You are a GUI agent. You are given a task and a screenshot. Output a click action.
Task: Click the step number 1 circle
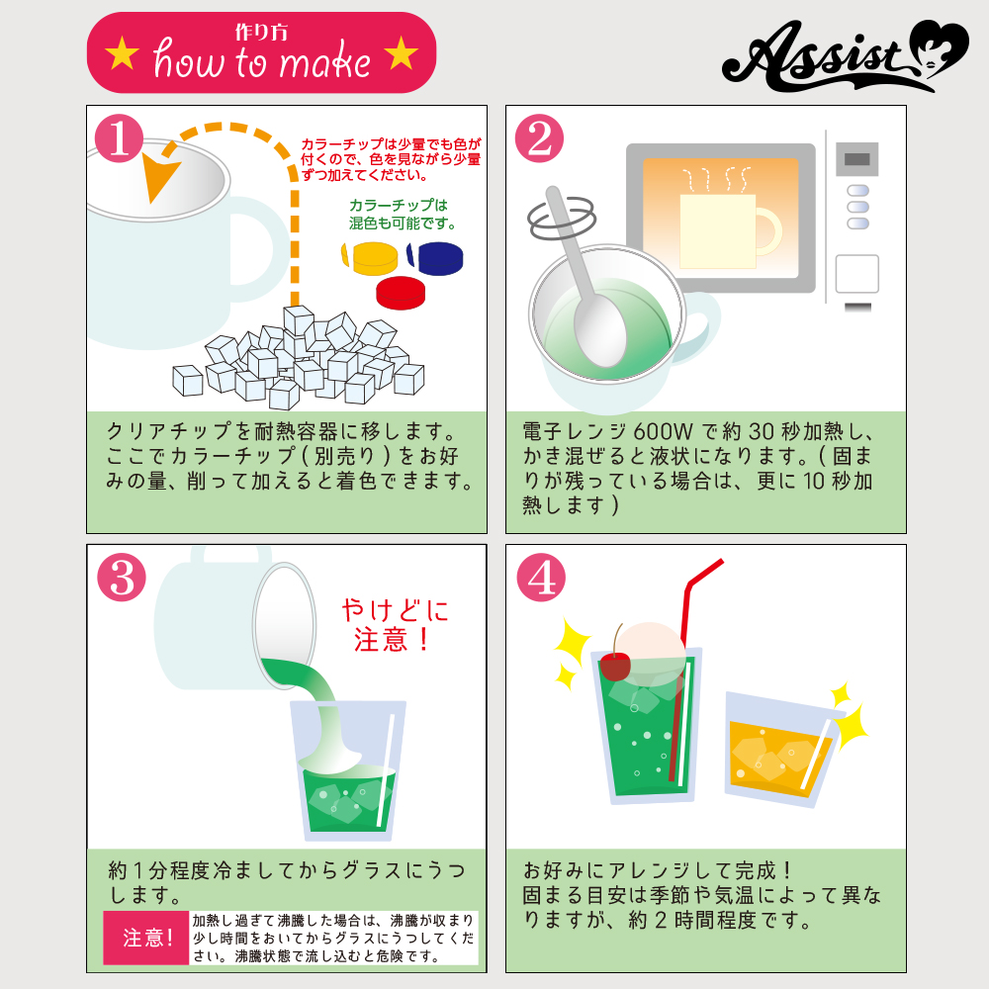pos(120,138)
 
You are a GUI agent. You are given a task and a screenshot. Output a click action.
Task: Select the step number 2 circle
pos(539,138)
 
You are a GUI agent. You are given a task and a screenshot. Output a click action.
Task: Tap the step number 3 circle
pos(122,578)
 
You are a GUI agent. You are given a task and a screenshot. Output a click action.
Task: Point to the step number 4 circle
pos(541,578)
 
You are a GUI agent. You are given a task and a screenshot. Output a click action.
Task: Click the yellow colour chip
pos(370,258)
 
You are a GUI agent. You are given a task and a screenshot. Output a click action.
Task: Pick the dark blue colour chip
pos(435,258)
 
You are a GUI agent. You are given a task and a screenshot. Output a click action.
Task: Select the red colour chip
pos(401,293)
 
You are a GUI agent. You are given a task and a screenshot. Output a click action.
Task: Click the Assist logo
pos(846,55)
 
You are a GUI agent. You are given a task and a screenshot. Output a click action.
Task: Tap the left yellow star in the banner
pos(123,53)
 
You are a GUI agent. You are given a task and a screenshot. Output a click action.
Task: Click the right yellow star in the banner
pos(402,53)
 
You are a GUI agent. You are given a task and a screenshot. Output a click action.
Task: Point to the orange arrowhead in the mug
pos(159,175)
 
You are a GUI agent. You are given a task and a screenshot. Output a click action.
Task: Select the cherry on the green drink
pos(615,666)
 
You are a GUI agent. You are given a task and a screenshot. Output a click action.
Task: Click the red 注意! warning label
pos(146,938)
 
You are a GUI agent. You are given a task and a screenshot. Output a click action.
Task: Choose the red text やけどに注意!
pos(395,625)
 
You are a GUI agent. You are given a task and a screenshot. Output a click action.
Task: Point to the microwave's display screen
pos(856,159)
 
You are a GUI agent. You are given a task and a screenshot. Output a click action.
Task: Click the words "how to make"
pos(262,61)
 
